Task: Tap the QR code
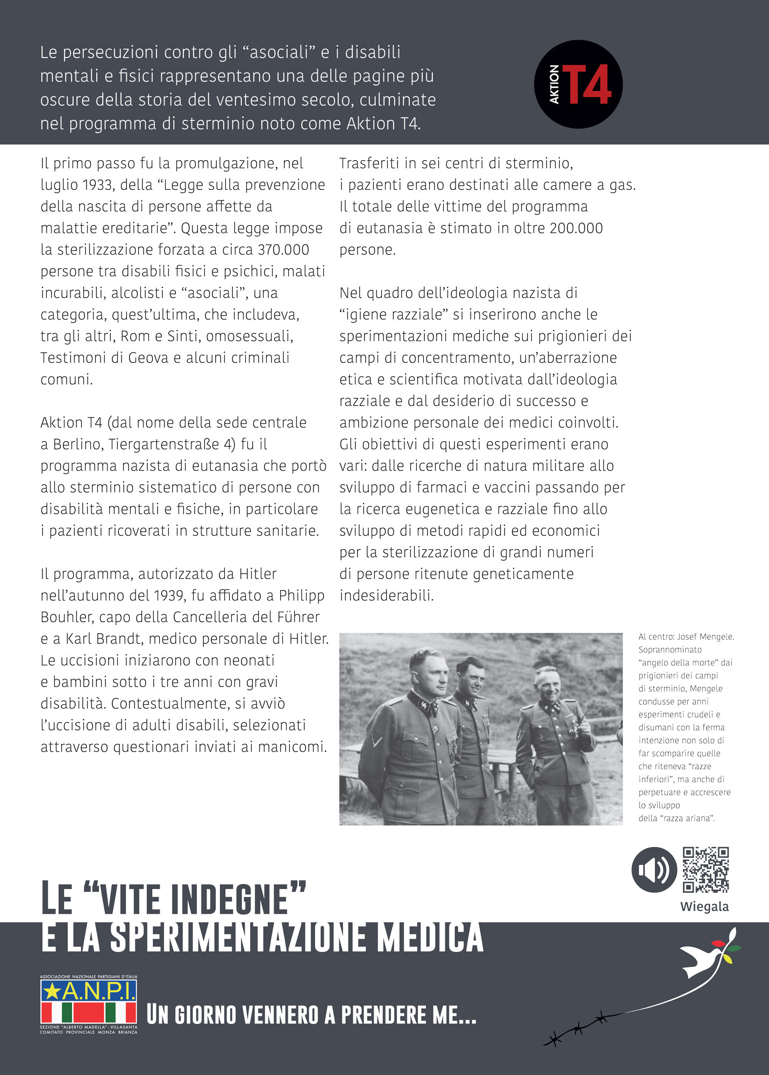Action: coord(706,869)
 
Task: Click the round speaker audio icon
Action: coord(653,869)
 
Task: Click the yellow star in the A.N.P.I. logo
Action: coord(52,991)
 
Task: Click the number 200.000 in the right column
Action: coord(576,228)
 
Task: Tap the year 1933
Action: coord(98,185)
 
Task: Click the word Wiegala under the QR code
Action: coord(704,907)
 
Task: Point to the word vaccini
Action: coord(501,488)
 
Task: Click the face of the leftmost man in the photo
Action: coord(429,671)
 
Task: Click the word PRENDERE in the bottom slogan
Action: coord(384,1015)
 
